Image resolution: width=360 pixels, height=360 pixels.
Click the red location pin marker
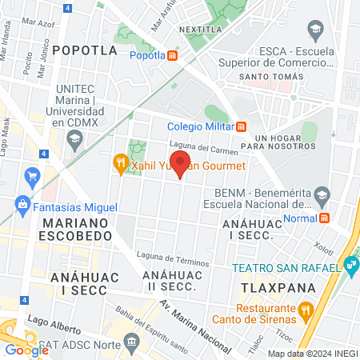point(180,163)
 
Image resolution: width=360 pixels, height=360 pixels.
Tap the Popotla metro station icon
point(172,55)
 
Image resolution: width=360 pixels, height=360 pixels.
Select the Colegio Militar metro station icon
point(242,126)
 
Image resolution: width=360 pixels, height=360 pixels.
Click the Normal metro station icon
point(325,217)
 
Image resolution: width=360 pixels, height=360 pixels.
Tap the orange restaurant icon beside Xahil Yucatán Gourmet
point(121,164)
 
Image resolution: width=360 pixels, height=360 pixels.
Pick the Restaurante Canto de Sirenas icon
point(305,309)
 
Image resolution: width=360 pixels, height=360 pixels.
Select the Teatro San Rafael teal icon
point(351,264)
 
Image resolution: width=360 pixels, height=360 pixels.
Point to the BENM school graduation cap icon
point(322,194)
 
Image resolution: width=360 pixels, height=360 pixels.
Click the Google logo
point(26,349)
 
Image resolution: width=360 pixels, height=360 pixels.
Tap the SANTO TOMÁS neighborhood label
point(271,77)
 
